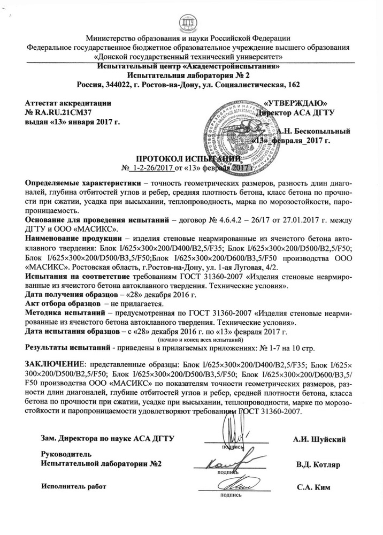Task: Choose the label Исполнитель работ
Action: coord(74,486)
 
